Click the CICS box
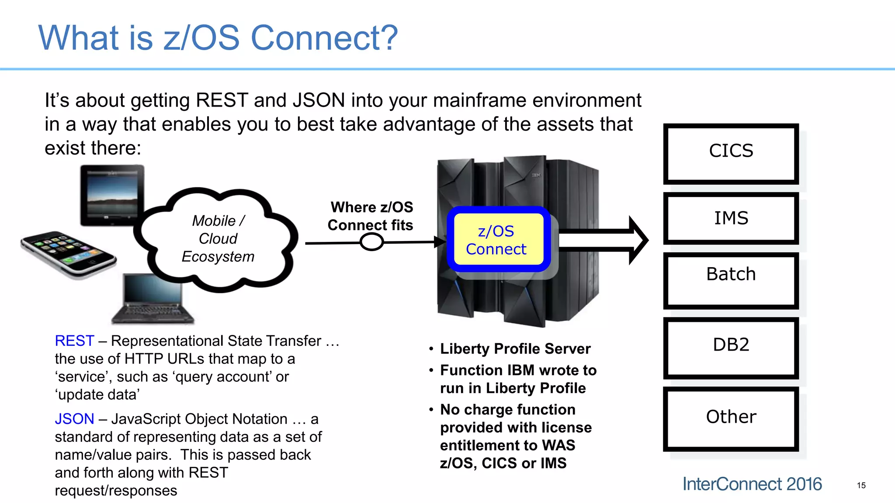731,153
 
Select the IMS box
731,218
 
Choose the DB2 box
731,348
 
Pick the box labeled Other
731,418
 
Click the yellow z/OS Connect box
497,240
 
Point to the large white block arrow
603,240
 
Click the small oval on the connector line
371,241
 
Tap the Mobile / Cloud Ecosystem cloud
218,239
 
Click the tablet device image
112,195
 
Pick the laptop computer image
153,299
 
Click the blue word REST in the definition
74,341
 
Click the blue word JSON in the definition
74,419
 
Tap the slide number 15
861,485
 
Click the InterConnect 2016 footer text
752,484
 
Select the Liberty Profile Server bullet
515,348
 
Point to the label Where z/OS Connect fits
371,216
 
